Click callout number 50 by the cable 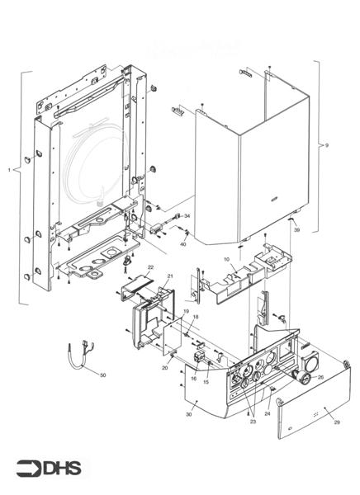pos(102,375)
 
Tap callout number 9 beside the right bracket pos(327,145)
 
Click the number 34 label pos(187,215)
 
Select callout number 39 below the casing pos(296,230)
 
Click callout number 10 pos(225,259)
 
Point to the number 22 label pos(150,268)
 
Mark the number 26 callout pos(320,377)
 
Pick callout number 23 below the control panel pos(253,421)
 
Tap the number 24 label pos(268,404)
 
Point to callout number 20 pos(165,368)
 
